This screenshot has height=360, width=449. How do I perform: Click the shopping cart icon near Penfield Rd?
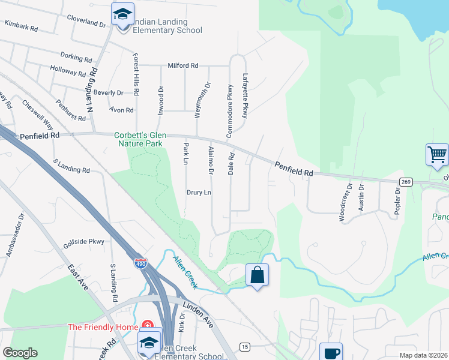click(437, 154)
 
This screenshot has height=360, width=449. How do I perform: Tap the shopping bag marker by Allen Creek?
click(257, 275)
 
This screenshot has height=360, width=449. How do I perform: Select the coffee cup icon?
click(330, 352)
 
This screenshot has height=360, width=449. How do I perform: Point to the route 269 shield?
click(406, 181)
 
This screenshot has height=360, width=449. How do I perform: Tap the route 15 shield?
click(244, 346)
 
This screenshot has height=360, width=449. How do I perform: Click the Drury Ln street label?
click(199, 193)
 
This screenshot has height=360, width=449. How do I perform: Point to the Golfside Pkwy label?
click(83, 243)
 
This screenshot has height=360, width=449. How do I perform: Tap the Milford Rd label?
click(182, 65)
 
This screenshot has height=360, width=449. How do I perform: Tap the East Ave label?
click(78, 277)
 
